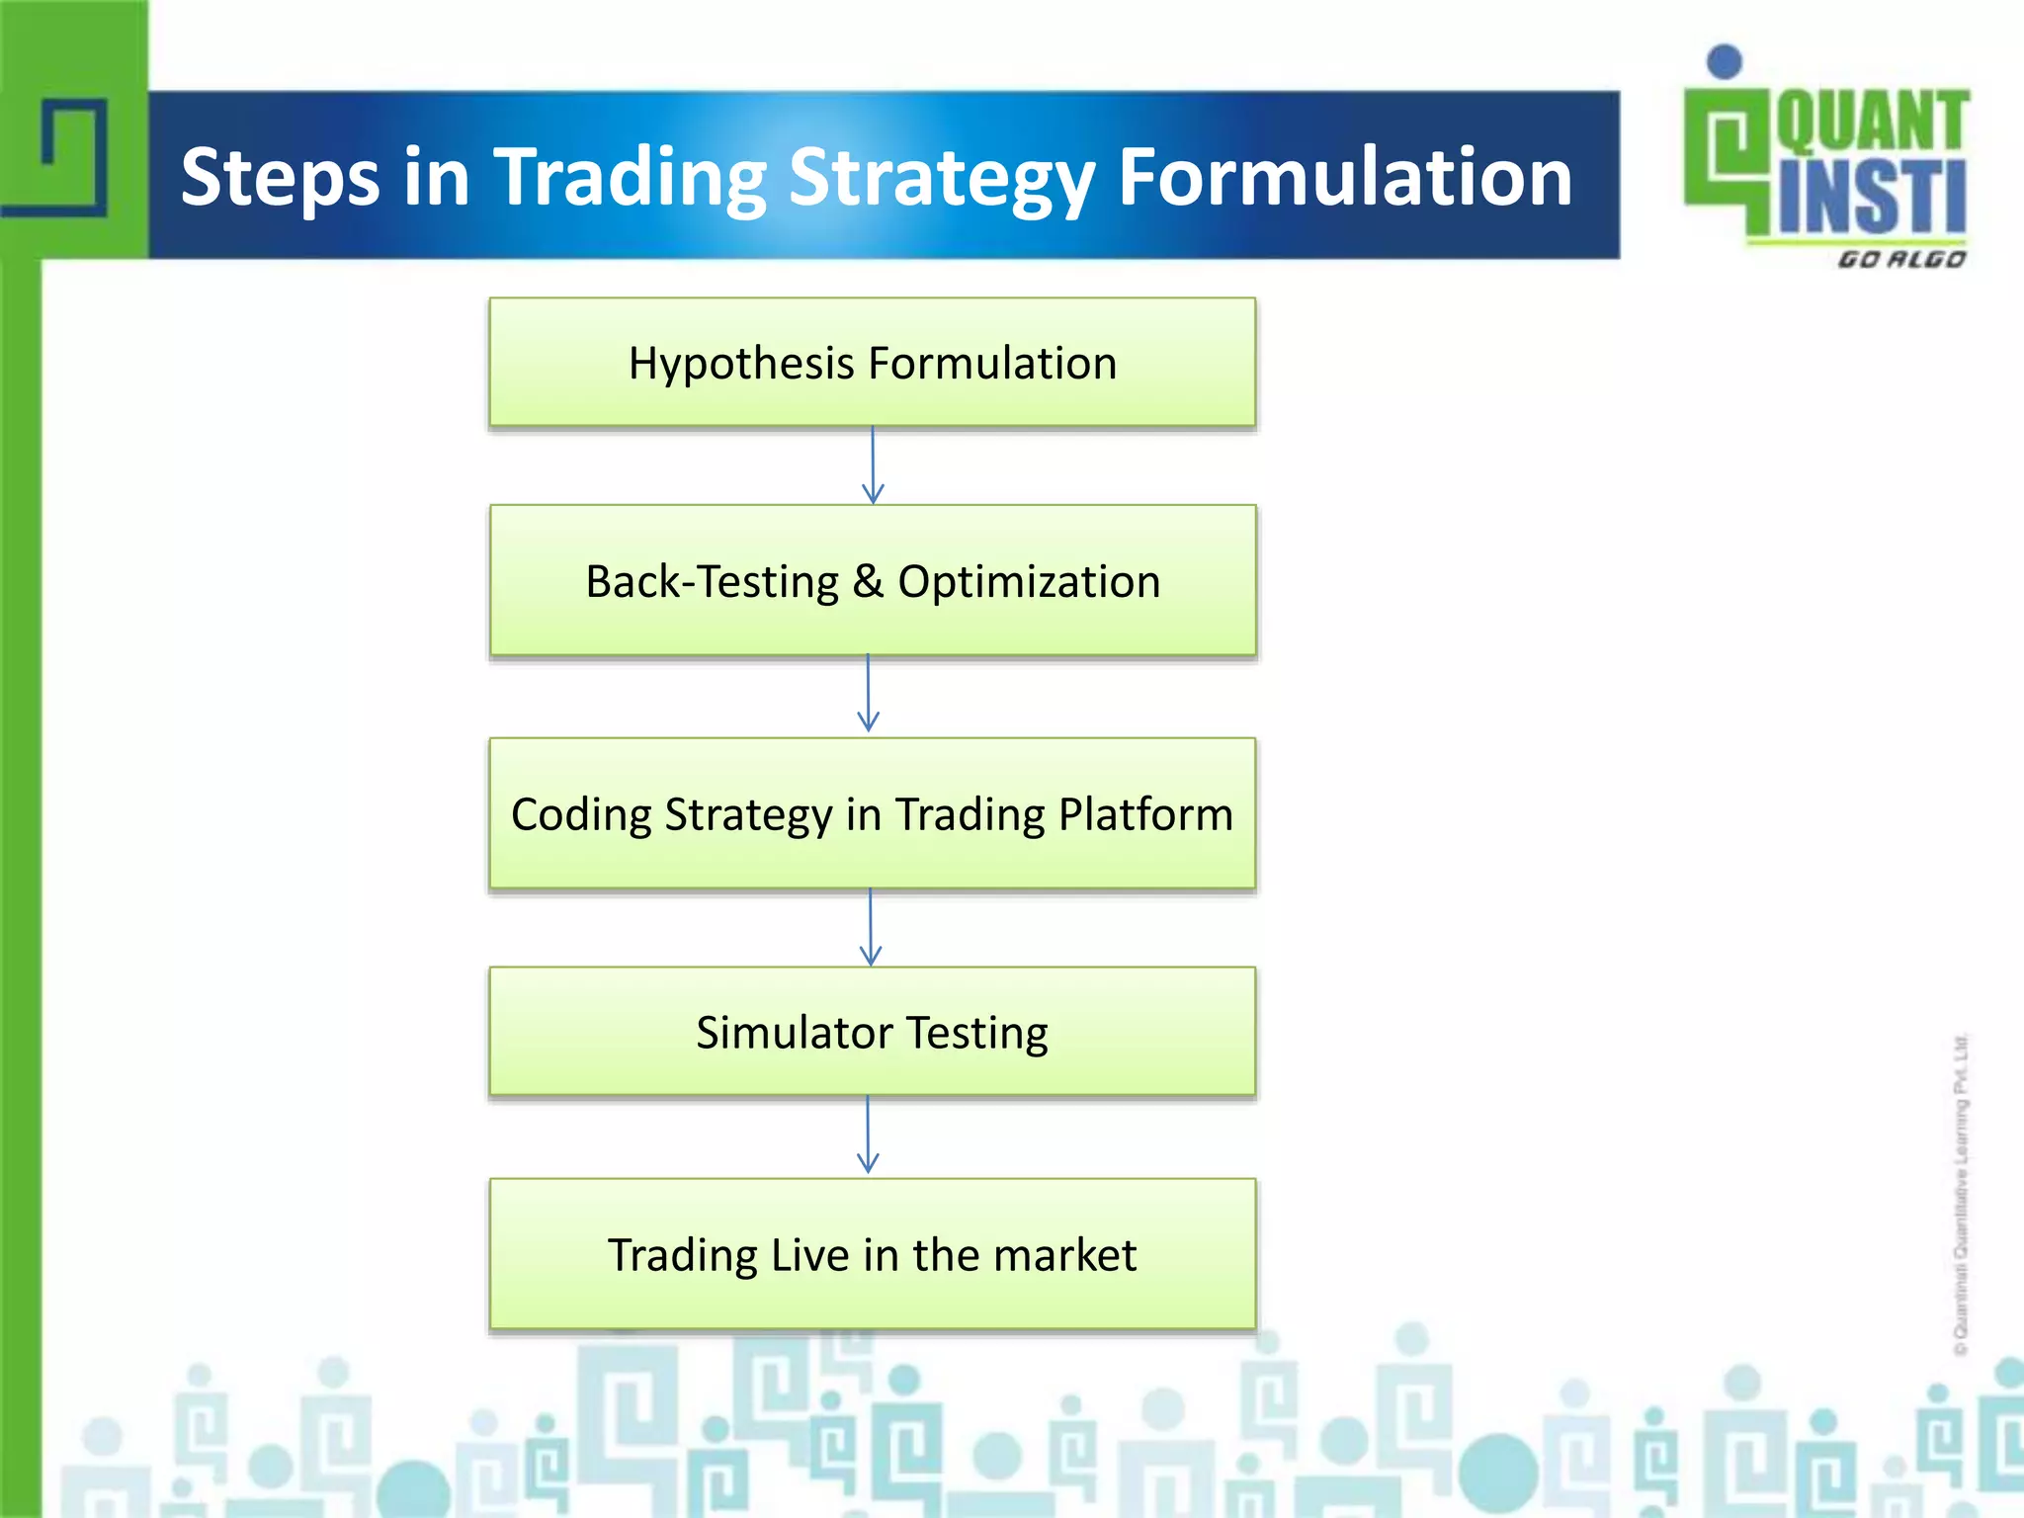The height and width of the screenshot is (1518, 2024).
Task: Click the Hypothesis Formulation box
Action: [x=872, y=363]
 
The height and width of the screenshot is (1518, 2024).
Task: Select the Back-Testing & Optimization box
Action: [x=872, y=581]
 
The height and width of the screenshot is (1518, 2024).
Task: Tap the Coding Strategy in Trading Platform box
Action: [x=872, y=813]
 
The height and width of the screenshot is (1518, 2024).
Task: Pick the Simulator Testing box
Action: [x=872, y=1032]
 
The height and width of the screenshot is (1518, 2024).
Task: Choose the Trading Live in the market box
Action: [x=872, y=1254]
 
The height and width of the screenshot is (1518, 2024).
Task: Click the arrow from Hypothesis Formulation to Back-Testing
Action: [x=873, y=465]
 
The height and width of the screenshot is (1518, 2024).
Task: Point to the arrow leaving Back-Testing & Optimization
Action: [x=869, y=693]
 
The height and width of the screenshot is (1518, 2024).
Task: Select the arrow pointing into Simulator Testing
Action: [x=871, y=927]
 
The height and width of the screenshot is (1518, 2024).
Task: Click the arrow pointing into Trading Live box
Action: [x=868, y=1135]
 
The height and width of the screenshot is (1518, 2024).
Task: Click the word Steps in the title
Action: [x=280, y=178]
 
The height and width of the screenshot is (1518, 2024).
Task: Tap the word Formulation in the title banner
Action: [x=1344, y=178]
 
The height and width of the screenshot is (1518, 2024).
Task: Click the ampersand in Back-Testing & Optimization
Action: [x=868, y=581]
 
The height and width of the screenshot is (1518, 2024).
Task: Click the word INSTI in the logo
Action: [x=1871, y=198]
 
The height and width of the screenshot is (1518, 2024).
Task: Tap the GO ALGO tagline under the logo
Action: [x=1900, y=259]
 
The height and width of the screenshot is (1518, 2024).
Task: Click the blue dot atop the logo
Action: [x=1725, y=61]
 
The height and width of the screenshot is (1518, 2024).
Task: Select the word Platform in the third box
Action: [x=1145, y=814]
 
